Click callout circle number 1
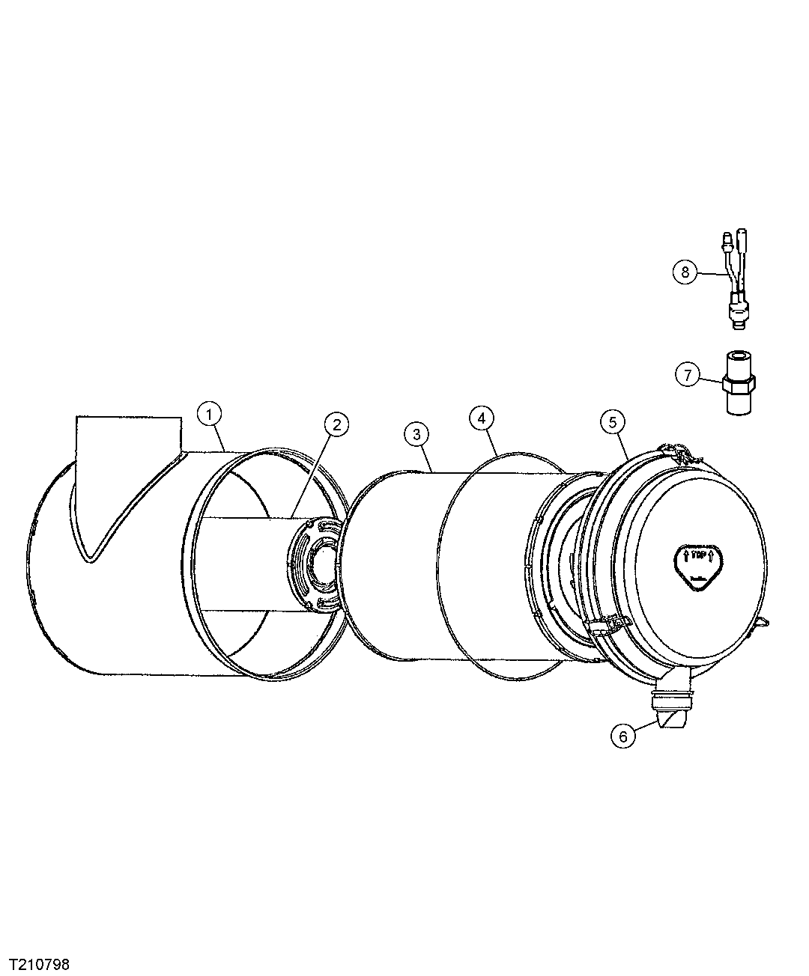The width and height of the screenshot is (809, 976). [210, 413]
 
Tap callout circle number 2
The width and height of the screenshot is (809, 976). [336, 424]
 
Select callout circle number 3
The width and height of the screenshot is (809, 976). [416, 433]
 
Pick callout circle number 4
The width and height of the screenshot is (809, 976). [481, 418]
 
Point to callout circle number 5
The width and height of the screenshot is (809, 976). [612, 422]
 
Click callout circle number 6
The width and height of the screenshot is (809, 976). [622, 736]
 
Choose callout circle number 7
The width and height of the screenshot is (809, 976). [687, 374]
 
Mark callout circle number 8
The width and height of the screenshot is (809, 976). [684, 272]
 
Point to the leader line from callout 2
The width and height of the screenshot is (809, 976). [314, 472]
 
